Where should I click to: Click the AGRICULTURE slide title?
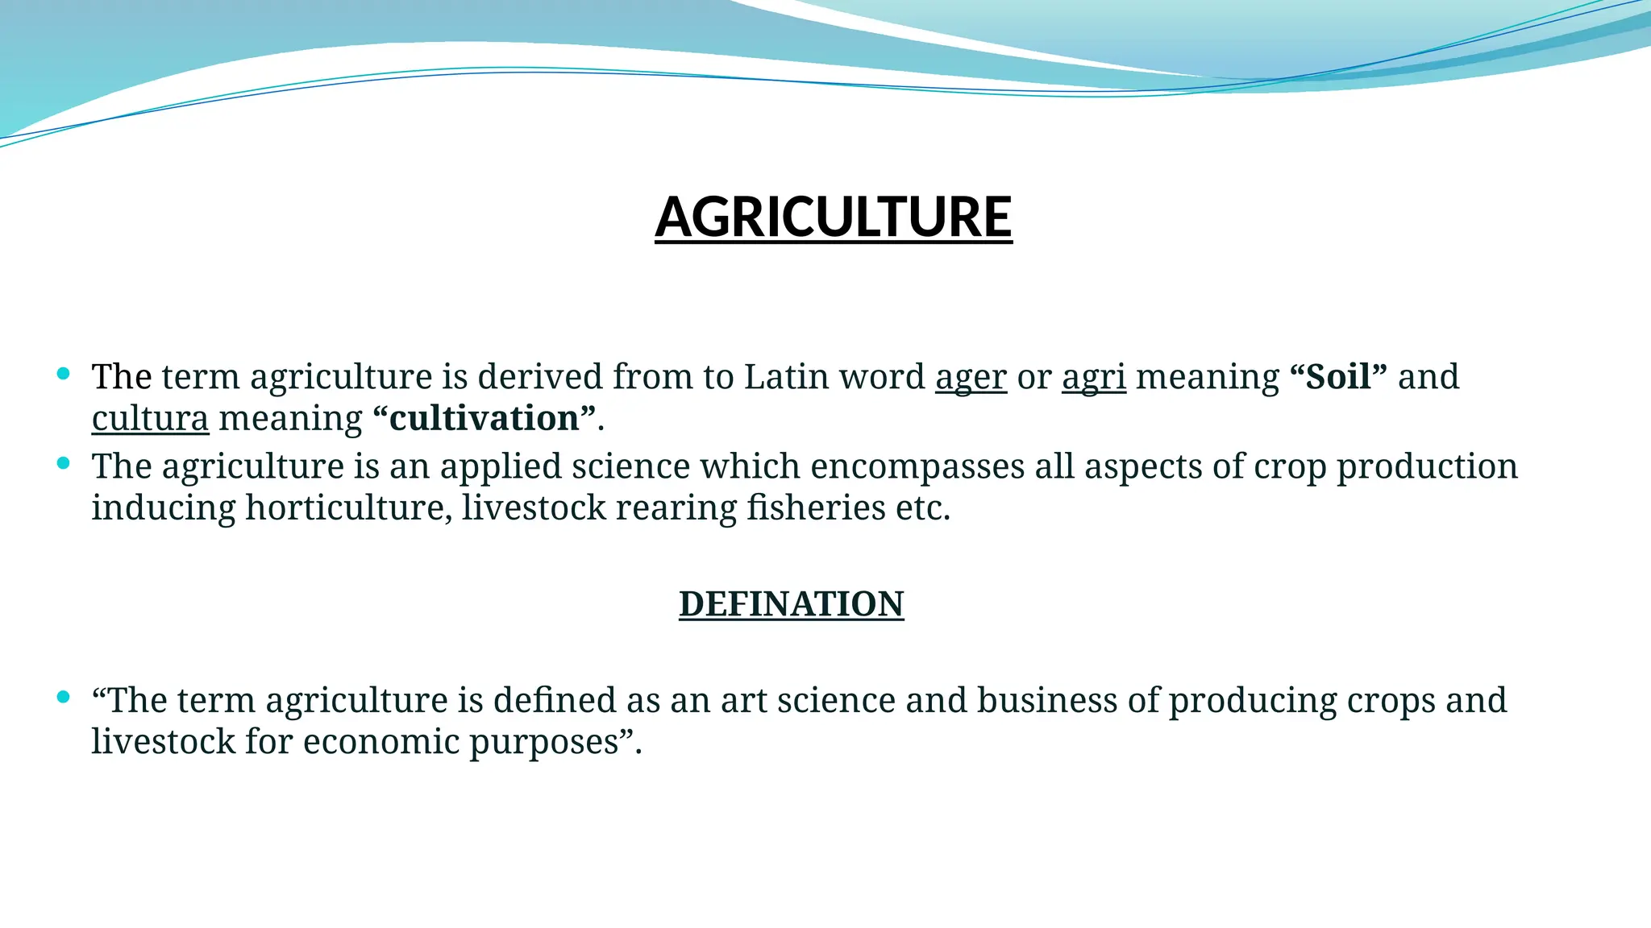click(833, 217)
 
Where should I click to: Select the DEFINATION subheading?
click(791, 604)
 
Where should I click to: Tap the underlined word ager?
click(971, 377)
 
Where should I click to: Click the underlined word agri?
click(1093, 377)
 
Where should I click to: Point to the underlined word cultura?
click(150, 419)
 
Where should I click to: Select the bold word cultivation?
click(484, 419)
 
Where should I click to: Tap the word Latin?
click(789, 377)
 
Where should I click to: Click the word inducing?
click(163, 508)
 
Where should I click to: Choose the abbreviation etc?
click(922, 508)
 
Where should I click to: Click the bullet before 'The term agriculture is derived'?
click(64, 374)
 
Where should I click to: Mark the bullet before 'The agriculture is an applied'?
click(64, 463)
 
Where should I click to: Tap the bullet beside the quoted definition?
click(64, 697)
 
